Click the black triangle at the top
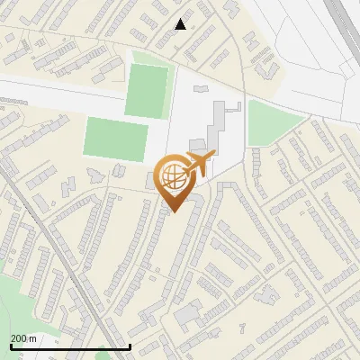180,24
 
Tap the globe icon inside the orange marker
175,176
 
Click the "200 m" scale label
24,337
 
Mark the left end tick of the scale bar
11,346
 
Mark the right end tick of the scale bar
130,346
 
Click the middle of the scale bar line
70,347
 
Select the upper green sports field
146,90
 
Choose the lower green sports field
115,139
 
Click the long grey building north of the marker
217,130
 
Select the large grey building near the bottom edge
188,315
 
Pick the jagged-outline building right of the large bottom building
268,293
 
